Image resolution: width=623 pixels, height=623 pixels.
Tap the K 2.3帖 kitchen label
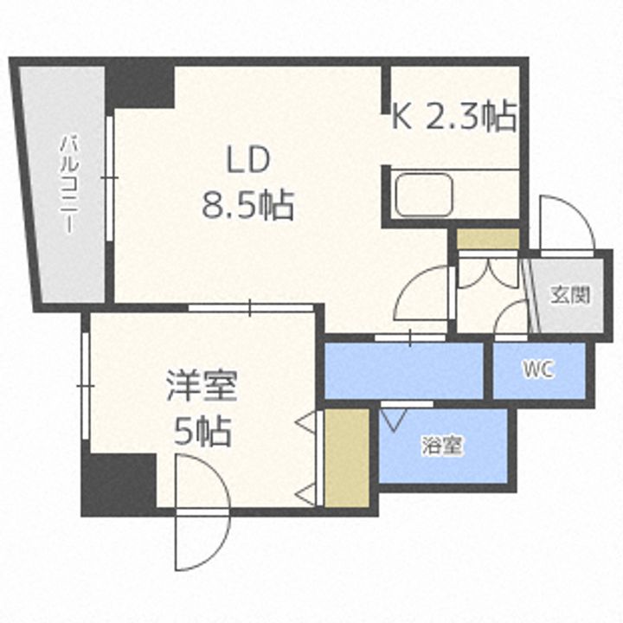(x=454, y=115)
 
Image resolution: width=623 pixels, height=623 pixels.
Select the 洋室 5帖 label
(x=202, y=408)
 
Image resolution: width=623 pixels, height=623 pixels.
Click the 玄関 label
(x=570, y=294)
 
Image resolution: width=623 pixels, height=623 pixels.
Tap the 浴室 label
(x=442, y=446)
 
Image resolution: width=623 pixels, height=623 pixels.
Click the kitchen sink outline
(x=423, y=196)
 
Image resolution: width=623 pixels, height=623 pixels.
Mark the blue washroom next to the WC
(x=403, y=370)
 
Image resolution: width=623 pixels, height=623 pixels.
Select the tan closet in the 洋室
(x=346, y=456)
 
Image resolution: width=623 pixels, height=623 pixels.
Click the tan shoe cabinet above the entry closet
(x=488, y=238)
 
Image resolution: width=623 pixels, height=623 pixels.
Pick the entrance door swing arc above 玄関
(x=565, y=223)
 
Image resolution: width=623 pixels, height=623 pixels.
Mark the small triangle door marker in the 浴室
(x=393, y=419)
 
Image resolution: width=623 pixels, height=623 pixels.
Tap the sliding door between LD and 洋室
(x=251, y=307)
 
